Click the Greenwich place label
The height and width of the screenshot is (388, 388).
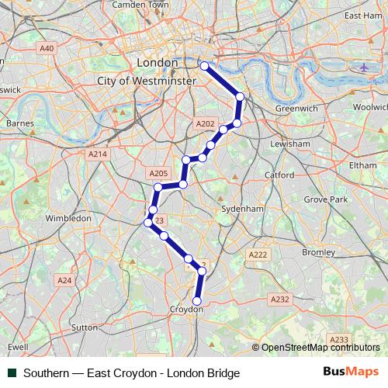tap(296, 109)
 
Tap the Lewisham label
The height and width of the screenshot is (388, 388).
tap(289, 144)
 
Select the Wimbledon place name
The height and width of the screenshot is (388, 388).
tap(68, 219)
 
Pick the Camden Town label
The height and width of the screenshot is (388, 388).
tap(140, 5)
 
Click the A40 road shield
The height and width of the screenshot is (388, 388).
tap(47, 48)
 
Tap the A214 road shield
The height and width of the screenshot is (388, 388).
tap(97, 154)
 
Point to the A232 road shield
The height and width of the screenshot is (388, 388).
tap(279, 299)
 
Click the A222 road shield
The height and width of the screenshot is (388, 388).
tap(258, 255)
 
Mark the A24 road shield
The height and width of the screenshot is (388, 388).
tap(65, 279)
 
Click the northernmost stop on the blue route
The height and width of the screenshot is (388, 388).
tap(205, 66)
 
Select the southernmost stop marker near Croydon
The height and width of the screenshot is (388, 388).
tap(196, 301)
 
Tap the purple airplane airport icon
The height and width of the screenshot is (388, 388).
tap(364, 67)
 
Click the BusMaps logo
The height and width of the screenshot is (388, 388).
tap(350, 372)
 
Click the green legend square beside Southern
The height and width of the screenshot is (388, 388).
tap(12, 373)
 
